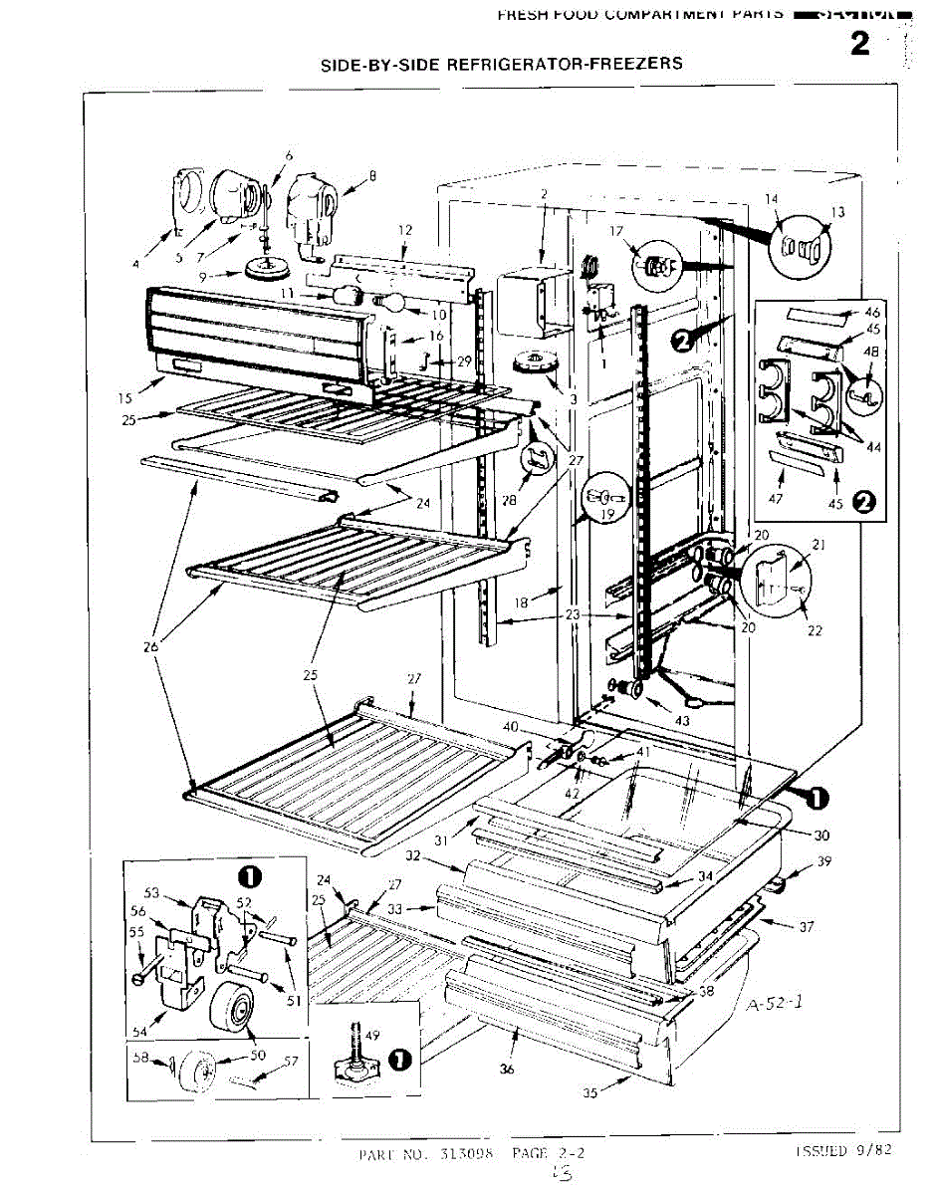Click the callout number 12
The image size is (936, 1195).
(404, 230)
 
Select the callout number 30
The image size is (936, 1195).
(820, 836)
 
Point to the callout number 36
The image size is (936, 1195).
(506, 1071)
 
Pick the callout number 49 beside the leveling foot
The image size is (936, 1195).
(373, 1037)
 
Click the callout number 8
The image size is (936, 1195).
(372, 176)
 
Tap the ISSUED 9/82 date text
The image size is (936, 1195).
(842, 1149)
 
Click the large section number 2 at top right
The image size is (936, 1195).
(859, 45)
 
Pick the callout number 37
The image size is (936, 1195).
(806, 927)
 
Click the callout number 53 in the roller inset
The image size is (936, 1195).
(152, 892)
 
